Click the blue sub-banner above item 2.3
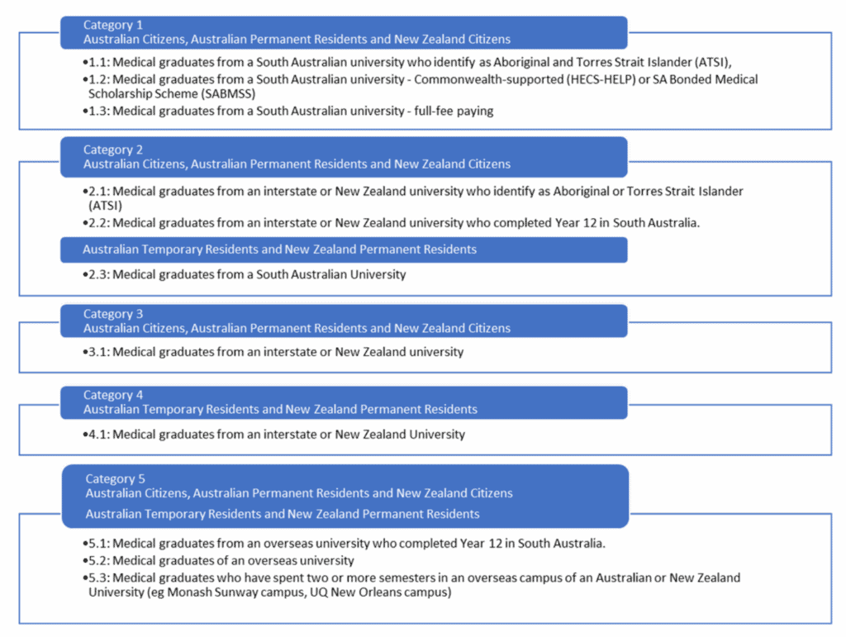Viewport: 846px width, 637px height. [344, 250]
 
